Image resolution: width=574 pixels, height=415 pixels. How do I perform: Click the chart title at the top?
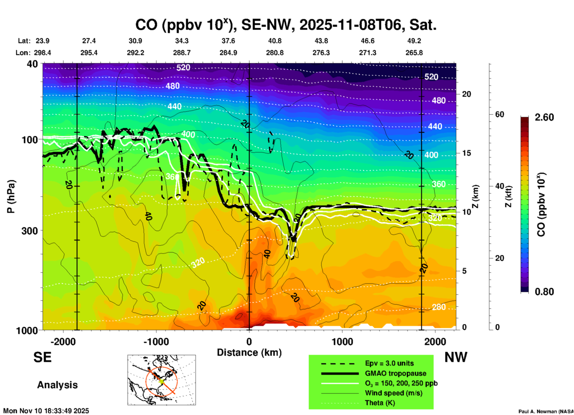tap(286, 25)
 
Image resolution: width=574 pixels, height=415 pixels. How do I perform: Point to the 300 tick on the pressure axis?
tap(30, 231)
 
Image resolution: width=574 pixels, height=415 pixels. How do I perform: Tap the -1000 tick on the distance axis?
tap(156, 341)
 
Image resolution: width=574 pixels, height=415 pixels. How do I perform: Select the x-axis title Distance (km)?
tap(249, 352)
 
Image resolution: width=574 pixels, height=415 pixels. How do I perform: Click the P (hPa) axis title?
tap(11, 196)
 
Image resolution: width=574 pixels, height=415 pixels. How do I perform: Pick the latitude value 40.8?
tap(274, 41)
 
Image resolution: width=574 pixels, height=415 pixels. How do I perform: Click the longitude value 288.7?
tap(181, 53)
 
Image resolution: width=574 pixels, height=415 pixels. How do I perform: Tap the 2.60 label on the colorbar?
tap(544, 117)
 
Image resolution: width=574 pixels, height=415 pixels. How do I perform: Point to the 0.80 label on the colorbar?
tap(544, 291)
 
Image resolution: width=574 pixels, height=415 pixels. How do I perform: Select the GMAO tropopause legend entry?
tap(395, 373)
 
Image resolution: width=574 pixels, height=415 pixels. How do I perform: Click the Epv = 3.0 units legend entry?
tap(389, 363)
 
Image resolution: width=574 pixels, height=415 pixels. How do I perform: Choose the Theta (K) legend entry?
tap(380, 403)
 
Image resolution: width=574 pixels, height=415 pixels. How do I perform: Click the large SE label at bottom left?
tap(42, 357)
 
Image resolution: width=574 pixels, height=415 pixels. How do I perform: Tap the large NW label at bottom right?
tap(456, 357)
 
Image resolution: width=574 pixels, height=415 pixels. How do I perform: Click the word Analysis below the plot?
tap(57, 385)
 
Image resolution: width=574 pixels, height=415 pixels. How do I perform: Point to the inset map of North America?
tap(162, 380)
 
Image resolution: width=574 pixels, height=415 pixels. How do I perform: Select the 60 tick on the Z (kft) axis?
tap(499, 114)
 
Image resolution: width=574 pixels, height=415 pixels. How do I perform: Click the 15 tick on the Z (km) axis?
tap(466, 153)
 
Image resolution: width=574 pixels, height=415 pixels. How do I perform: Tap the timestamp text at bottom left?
tap(46, 411)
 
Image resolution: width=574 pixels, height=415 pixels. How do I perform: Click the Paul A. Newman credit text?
tap(546, 411)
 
